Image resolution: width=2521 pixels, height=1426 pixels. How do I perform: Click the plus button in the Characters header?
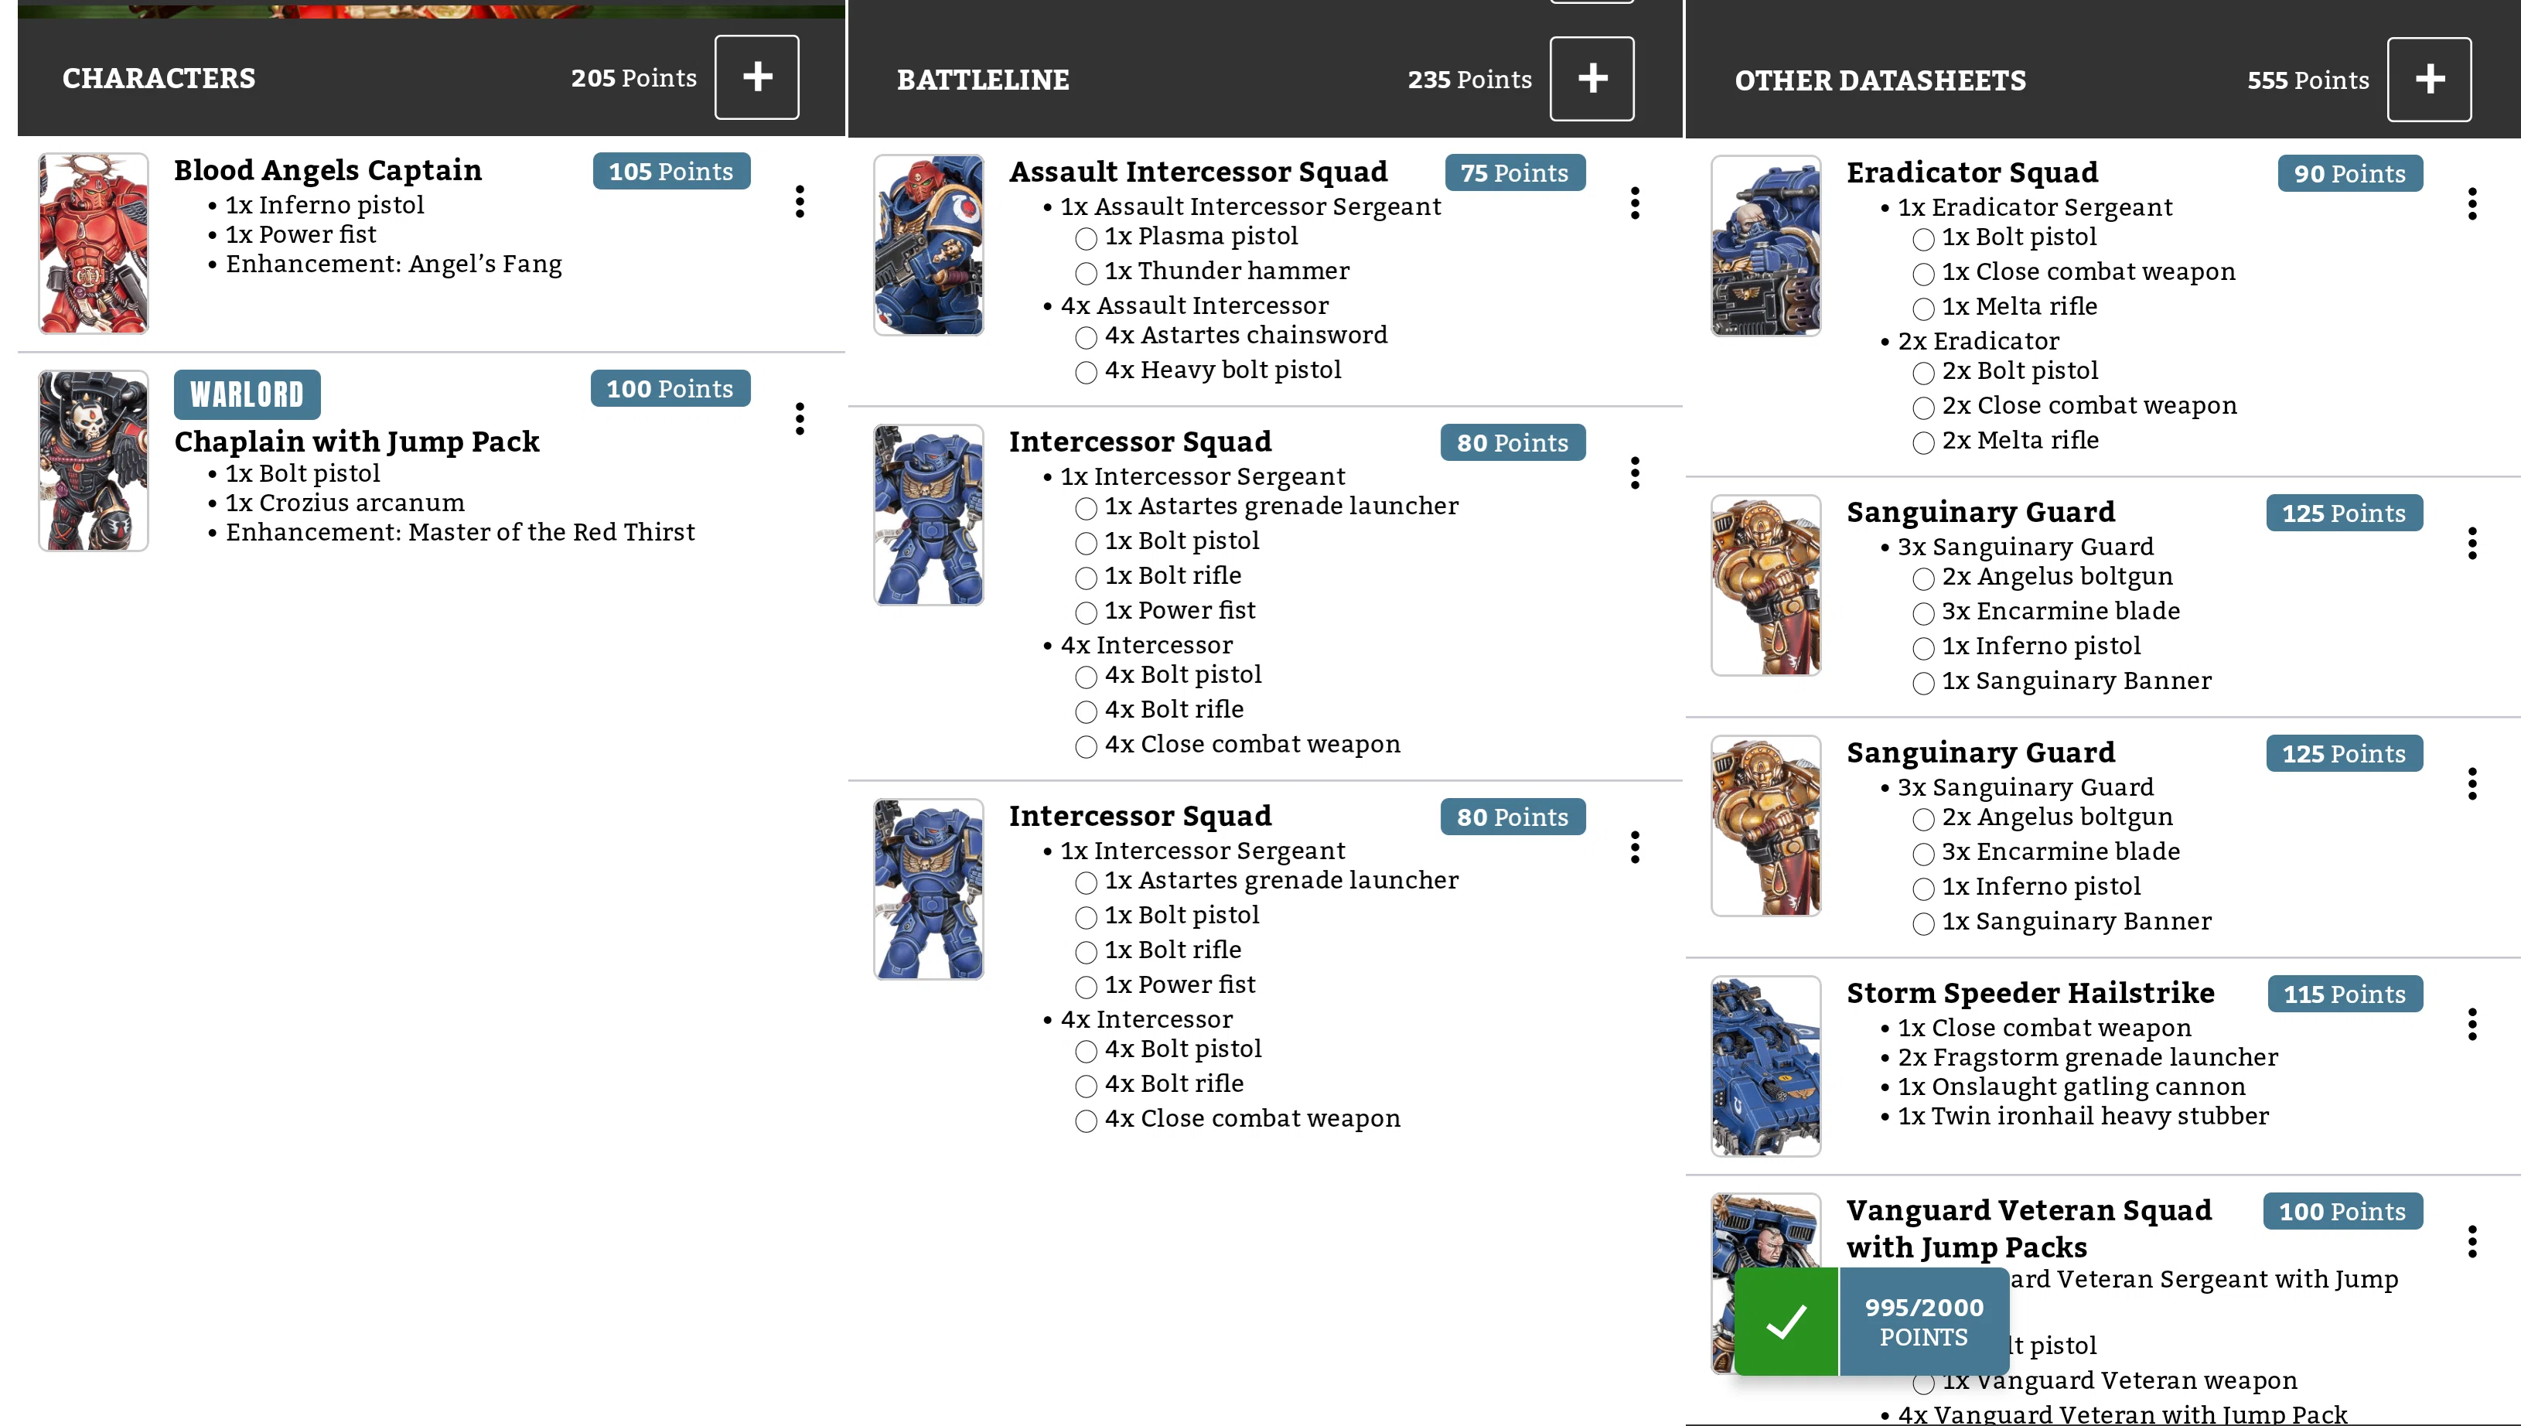[756, 77]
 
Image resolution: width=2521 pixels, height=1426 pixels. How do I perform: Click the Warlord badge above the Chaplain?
[247, 394]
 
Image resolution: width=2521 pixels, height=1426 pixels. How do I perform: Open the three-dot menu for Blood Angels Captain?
[800, 202]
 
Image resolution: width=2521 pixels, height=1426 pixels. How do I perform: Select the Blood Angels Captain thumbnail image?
[93, 243]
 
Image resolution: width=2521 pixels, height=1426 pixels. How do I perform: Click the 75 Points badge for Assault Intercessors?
[1514, 172]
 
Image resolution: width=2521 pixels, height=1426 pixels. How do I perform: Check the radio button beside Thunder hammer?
[1085, 273]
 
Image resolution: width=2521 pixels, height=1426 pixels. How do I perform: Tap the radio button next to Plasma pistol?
[1085, 238]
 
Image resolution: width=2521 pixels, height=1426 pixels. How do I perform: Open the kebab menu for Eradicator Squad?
[2472, 203]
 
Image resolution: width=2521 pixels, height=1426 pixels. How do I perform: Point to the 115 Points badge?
[2345, 994]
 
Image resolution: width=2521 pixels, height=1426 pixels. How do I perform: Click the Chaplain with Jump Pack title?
[356, 442]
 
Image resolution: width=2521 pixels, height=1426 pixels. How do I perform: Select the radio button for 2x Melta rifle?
[1922, 442]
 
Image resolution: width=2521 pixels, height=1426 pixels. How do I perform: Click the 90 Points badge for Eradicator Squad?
[2349, 173]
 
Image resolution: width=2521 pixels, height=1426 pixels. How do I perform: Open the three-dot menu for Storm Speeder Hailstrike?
[2472, 1025]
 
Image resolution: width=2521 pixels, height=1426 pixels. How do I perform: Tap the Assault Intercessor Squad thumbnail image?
[929, 245]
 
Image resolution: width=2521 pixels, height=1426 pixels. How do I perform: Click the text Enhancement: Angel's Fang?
[394, 264]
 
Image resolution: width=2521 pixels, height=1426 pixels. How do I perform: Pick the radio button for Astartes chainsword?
[1085, 338]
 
